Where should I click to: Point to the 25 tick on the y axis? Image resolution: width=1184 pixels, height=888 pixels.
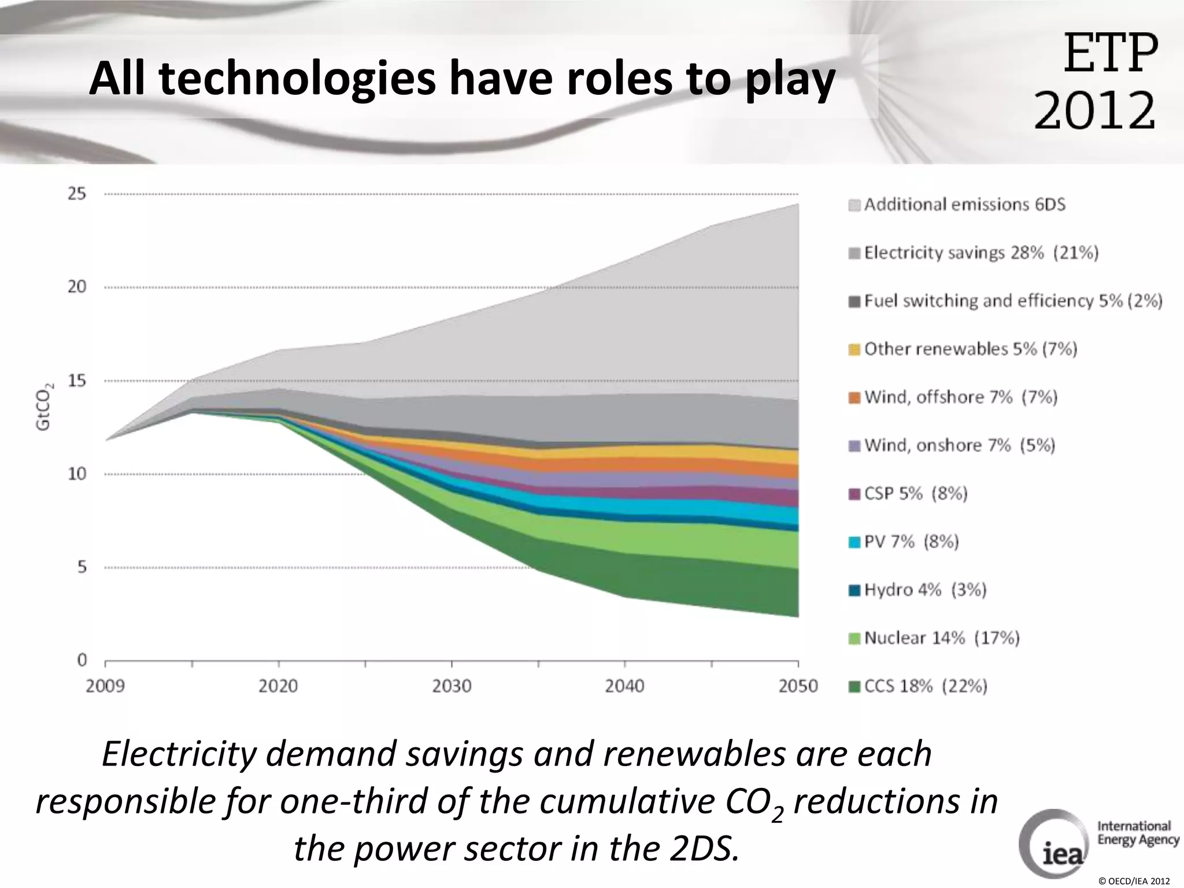click(77, 194)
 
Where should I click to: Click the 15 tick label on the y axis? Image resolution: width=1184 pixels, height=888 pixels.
click(77, 380)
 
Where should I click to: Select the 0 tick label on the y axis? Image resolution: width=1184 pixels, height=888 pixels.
click(82, 660)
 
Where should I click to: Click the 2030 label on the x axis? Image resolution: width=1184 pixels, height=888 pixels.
click(452, 686)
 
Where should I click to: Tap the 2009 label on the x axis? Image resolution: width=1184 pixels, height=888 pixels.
click(105, 686)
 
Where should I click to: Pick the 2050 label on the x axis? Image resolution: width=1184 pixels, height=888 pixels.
click(798, 686)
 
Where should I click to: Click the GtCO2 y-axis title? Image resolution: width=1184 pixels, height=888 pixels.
click(44, 406)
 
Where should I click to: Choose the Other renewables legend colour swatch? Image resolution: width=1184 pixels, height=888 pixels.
click(854, 350)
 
